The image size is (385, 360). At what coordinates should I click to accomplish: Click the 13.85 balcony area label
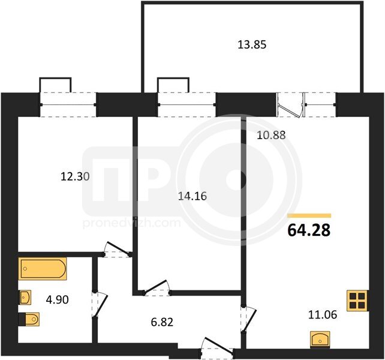[x=252, y=45]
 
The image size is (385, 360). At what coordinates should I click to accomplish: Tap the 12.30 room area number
[x=75, y=176]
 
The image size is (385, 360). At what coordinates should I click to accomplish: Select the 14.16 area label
[x=192, y=196]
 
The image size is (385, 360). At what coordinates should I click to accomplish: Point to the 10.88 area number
[x=271, y=135]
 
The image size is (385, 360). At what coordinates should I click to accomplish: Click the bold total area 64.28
[x=309, y=230]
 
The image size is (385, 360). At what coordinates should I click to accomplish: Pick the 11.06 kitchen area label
[x=323, y=315]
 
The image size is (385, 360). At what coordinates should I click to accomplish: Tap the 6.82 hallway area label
[x=162, y=322]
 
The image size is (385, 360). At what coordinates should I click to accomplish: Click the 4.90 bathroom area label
[x=57, y=300]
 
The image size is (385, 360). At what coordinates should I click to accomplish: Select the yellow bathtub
[x=43, y=269]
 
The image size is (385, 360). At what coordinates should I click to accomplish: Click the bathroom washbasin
[x=25, y=298]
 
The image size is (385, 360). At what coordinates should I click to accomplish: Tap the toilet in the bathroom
[x=29, y=319]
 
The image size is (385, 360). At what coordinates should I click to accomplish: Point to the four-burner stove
[x=357, y=301]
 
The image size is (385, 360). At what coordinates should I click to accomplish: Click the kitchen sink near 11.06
[x=320, y=340]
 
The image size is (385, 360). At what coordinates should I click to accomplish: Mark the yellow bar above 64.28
[x=309, y=216]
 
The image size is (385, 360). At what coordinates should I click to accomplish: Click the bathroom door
[x=99, y=305]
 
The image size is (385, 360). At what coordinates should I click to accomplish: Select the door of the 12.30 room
[x=117, y=250]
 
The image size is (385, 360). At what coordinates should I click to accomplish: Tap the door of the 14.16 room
[x=157, y=287]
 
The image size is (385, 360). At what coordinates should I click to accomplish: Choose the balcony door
[x=290, y=104]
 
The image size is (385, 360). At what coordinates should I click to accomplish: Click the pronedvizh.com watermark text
[x=132, y=223]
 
